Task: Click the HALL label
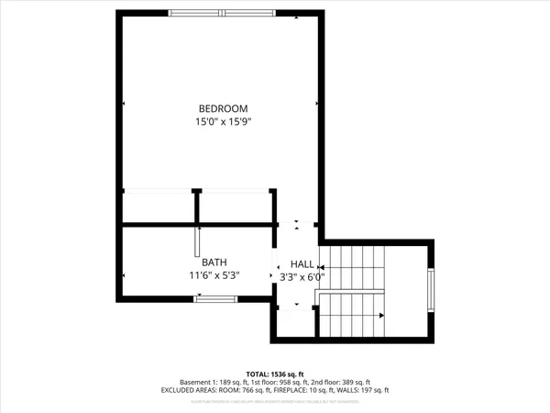302,262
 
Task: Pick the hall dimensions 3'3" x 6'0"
302,274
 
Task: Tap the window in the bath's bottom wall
216,297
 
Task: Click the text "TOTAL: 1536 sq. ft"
276,374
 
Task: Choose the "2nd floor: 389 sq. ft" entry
341,382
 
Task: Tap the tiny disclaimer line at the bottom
276,400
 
